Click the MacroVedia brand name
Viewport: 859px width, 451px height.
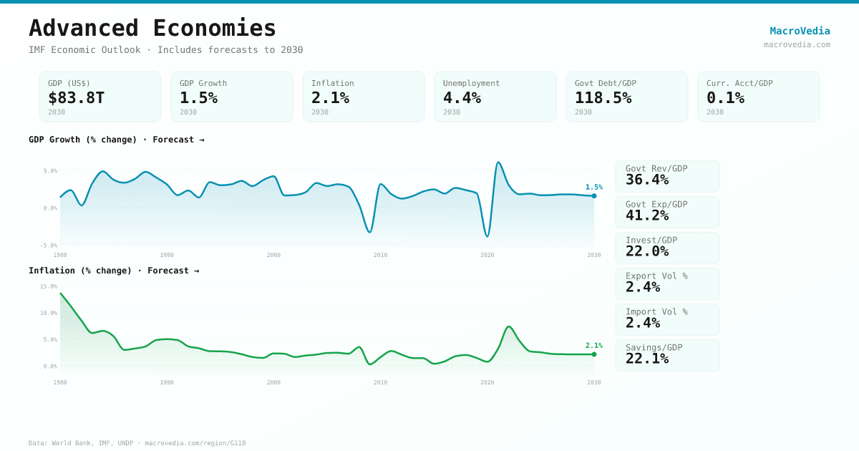tap(800, 31)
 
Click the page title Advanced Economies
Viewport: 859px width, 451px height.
tap(152, 28)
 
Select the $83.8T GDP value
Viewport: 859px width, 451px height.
tap(76, 97)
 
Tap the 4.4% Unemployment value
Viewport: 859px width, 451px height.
tap(462, 97)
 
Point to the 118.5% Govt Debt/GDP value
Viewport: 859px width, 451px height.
tap(603, 97)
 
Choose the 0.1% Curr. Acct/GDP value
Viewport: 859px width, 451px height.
tap(725, 97)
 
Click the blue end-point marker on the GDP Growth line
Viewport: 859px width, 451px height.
tap(594, 195)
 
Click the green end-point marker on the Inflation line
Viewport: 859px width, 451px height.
tap(594, 354)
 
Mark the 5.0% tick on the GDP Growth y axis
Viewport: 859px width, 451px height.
tap(49, 170)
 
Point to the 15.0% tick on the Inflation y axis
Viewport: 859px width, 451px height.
tap(48, 286)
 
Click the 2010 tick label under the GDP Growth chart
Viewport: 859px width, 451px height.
tap(380, 255)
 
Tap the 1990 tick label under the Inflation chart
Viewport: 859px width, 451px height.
tap(167, 382)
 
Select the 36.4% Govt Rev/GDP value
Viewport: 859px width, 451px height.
tap(647, 180)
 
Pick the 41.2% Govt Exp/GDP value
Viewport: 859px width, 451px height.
tap(647, 215)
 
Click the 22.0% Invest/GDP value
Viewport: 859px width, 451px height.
tap(647, 251)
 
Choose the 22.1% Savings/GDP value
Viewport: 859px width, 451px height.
tap(647, 359)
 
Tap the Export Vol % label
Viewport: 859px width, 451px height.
tap(656, 276)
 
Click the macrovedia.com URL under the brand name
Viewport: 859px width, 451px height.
tap(797, 44)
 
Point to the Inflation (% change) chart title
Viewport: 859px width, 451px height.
tap(114, 271)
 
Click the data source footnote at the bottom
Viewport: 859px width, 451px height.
tap(137, 443)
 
